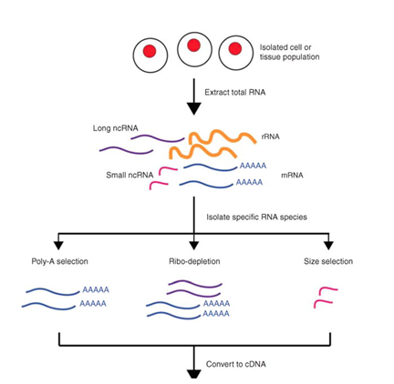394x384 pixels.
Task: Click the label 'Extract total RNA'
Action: pos(235,92)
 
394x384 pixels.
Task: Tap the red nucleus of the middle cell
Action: pos(193,45)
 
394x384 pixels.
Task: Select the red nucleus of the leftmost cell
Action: pos(150,51)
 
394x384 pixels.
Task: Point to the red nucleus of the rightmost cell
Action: pos(235,48)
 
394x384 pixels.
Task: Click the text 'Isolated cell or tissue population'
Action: pos(289,52)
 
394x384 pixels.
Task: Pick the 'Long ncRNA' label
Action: pos(116,128)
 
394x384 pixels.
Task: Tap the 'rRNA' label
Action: pos(270,136)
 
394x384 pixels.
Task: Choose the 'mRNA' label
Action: pos(292,175)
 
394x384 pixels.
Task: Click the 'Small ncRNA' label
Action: pos(130,175)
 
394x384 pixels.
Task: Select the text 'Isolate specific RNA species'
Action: pos(257,217)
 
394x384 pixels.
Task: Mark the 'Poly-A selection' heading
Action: pos(60,261)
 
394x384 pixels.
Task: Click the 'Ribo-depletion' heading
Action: pos(194,261)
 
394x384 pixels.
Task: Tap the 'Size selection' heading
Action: pos(328,261)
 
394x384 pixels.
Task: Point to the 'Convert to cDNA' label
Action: pos(236,364)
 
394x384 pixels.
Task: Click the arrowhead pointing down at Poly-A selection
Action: pos(58,246)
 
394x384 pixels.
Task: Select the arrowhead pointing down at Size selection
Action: pos(328,246)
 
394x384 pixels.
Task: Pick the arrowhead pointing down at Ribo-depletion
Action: pos(193,246)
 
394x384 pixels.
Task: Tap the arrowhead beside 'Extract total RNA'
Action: pos(193,109)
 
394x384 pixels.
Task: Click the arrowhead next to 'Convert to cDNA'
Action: pos(193,374)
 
